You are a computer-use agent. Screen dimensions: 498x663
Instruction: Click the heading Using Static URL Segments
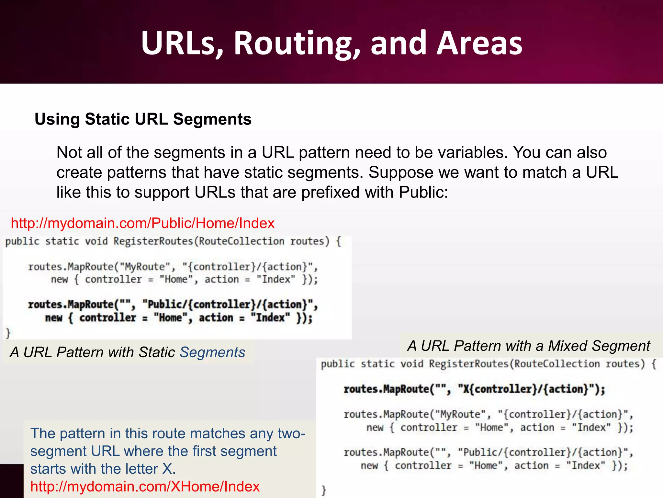[x=143, y=119]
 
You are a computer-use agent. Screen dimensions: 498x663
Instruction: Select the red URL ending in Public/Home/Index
[x=142, y=223]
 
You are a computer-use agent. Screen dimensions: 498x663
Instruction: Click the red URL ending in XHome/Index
[x=145, y=486]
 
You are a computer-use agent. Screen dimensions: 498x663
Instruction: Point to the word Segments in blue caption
[x=212, y=352]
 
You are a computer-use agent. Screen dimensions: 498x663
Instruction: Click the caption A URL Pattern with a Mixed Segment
[x=529, y=346]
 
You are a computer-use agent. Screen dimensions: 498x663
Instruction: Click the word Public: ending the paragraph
[x=423, y=192]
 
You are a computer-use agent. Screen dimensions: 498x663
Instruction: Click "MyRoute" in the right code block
[x=460, y=414]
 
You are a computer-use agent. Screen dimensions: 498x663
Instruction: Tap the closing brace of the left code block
[x=8, y=333]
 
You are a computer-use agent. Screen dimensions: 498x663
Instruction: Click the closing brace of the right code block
[x=323, y=490]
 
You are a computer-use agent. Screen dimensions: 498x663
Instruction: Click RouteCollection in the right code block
[x=557, y=364]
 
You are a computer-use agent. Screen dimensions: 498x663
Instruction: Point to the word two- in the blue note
[x=291, y=433]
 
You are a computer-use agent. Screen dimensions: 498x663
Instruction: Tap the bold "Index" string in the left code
[x=270, y=317]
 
